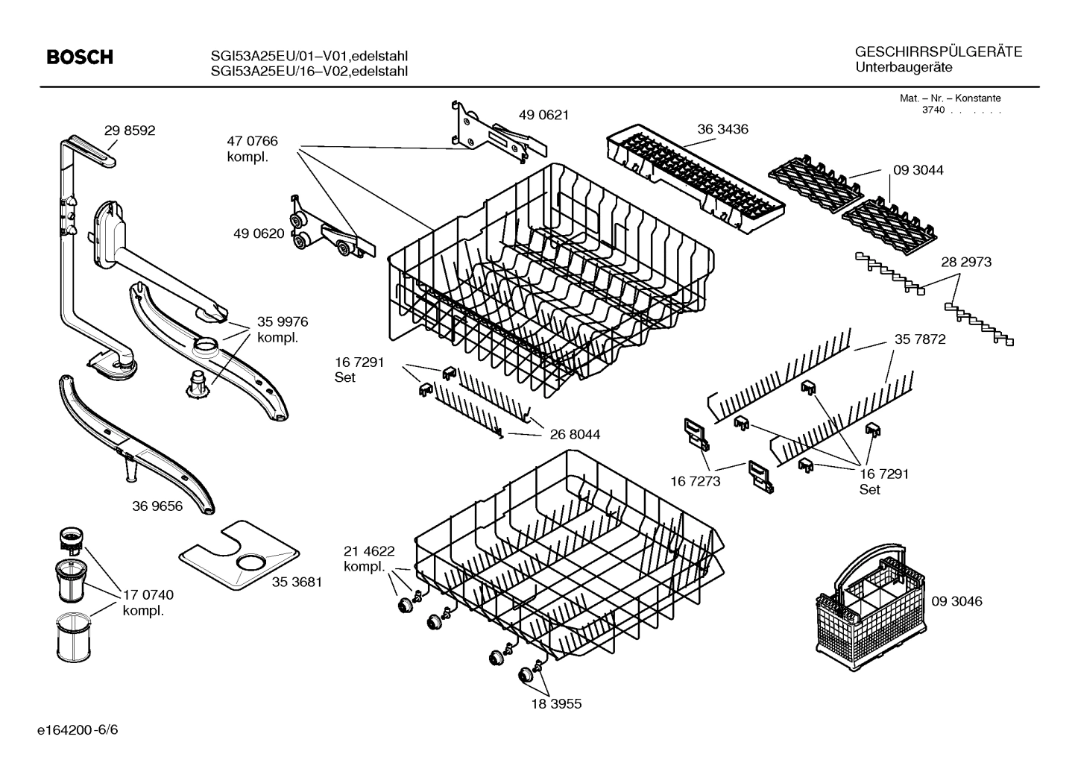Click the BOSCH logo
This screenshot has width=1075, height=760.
tap(80, 57)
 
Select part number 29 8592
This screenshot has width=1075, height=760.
tap(130, 131)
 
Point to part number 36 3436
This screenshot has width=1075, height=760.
tap(722, 129)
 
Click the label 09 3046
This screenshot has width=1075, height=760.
tap(956, 601)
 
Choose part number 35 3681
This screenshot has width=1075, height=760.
tap(297, 582)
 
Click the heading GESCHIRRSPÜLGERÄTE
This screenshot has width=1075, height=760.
tap(938, 52)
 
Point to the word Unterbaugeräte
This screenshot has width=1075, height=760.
tap(904, 67)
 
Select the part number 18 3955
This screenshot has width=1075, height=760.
tap(556, 703)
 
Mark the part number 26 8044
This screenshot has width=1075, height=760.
tap(575, 434)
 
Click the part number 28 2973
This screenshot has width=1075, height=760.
tap(966, 262)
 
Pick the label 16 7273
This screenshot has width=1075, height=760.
tap(696, 481)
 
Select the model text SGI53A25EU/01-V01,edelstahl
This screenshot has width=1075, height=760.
tap(309, 56)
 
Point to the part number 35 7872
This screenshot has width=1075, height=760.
tap(919, 339)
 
